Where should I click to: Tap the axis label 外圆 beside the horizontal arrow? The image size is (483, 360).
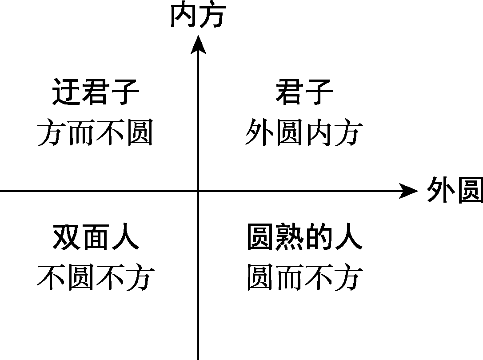click(x=455, y=191)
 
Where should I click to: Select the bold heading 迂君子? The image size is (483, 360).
click(x=96, y=92)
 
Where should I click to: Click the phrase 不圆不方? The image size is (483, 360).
click(x=96, y=278)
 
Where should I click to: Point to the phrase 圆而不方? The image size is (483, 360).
click(x=304, y=278)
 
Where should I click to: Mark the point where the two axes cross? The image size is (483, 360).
click(x=198, y=191)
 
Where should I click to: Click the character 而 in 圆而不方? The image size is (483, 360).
click(x=290, y=278)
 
